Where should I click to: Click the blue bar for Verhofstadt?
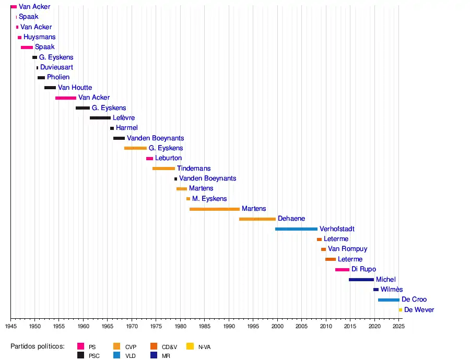click(x=296, y=229)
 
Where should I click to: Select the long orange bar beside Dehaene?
click(x=257, y=219)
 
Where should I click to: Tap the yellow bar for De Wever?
click(x=401, y=310)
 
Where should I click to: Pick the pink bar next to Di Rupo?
click(x=342, y=270)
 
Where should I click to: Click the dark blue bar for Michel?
click(x=361, y=280)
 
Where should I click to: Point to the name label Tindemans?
click(x=194, y=169)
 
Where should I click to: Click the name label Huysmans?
click(x=39, y=37)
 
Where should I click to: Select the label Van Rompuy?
click(x=347, y=249)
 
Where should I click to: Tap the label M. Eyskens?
click(x=209, y=199)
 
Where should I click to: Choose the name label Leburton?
click(x=169, y=158)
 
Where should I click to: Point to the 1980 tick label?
click(x=180, y=326)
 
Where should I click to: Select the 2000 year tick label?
click(x=277, y=326)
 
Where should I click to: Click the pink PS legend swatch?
click(x=81, y=346)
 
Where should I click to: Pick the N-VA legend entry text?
click(x=204, y=346)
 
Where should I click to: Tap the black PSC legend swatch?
click(x=81, y=355)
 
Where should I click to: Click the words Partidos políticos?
click(x=38, y=346)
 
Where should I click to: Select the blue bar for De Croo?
click(x=389, y=300)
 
